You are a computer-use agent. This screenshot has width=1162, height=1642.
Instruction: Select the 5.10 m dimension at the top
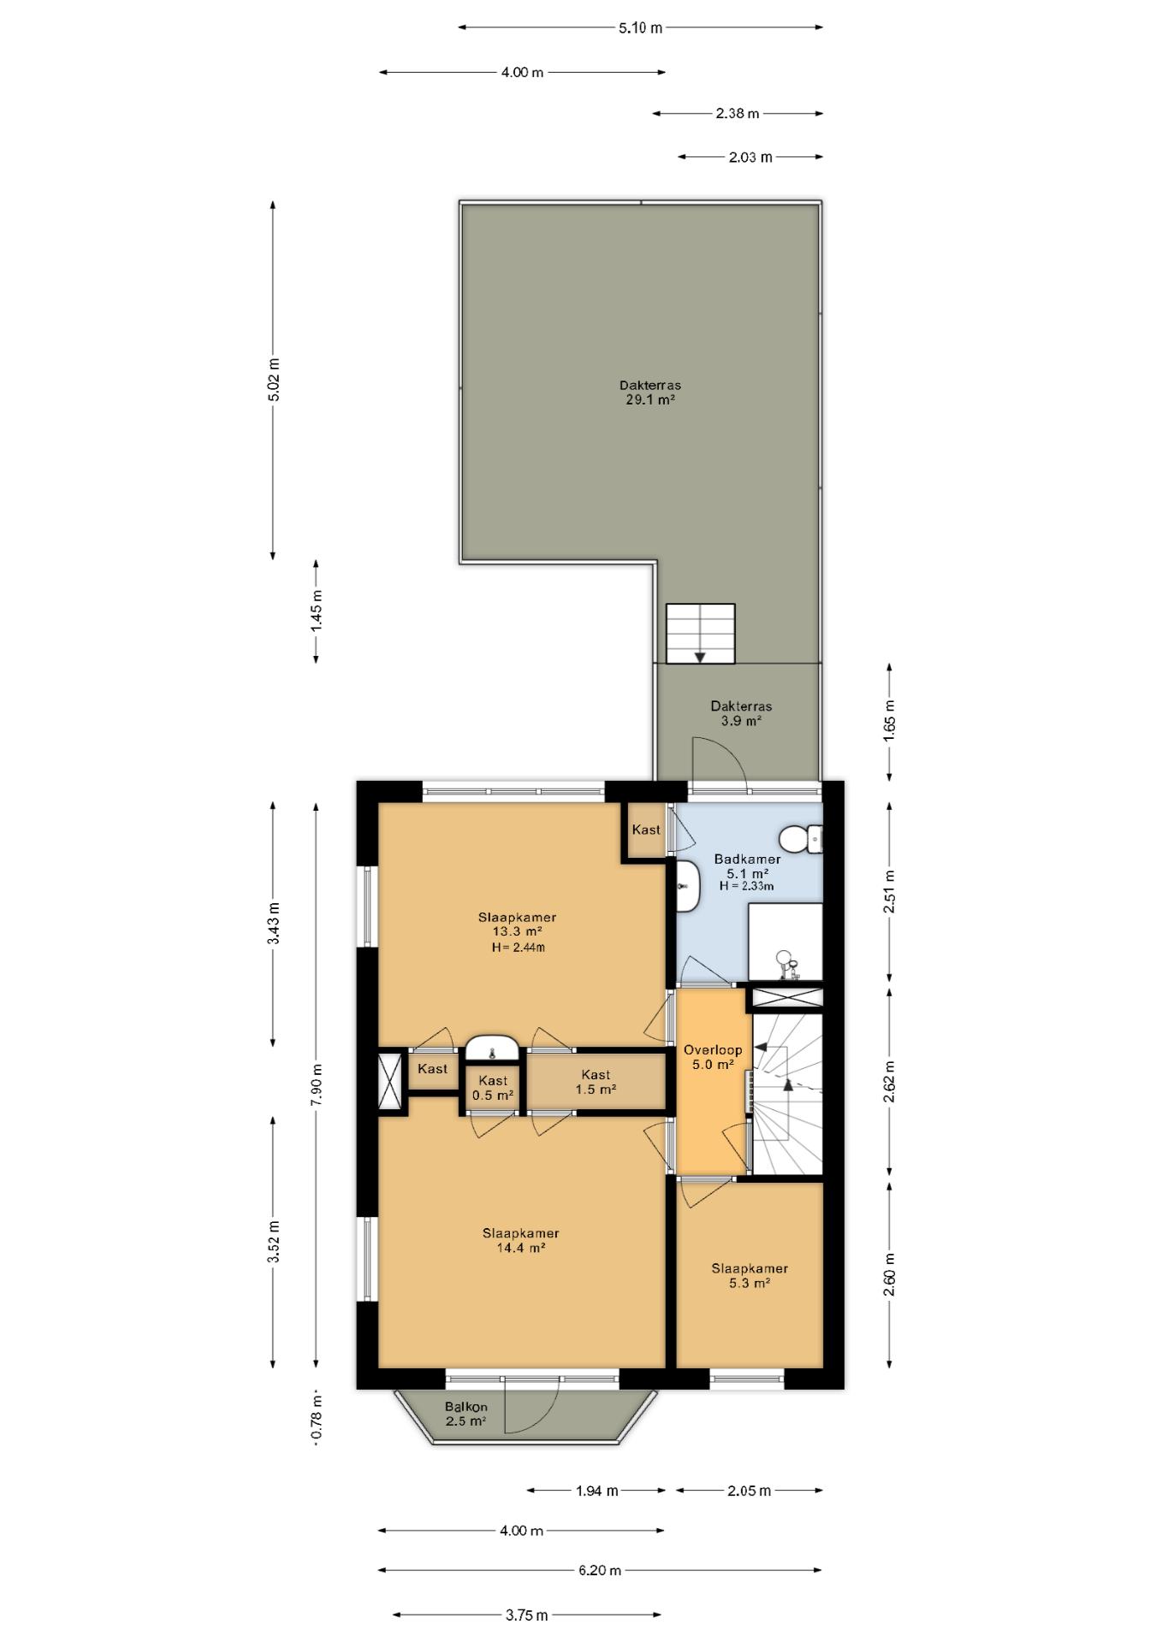[x=640, y=27]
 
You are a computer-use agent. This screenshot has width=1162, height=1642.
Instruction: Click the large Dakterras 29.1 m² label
[x=650, y=392]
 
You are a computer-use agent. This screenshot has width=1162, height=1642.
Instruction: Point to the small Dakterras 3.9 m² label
[x=741, y=713]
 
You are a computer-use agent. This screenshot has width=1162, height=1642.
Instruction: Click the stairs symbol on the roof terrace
[x=700, y=634]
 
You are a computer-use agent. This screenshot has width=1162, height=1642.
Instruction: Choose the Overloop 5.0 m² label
[x=712, y=1057]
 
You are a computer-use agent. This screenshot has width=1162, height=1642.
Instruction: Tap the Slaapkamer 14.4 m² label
[x=520, y=1240]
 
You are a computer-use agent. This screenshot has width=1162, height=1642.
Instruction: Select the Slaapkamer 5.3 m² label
[x=750, y=1275]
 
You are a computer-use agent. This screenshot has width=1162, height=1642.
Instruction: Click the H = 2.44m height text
[x=518, y=948]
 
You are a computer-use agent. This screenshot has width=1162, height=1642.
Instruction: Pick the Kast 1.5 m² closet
[x=596, y=1082]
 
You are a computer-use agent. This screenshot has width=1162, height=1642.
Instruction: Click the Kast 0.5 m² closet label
[x=493, y=1088]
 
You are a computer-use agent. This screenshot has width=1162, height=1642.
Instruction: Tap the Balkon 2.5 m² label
[x=465, y=1414]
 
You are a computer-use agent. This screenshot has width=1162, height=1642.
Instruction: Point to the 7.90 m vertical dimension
[x=317, y=1084]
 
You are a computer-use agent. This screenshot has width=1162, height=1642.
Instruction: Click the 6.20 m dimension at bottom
[x=599, y=1570]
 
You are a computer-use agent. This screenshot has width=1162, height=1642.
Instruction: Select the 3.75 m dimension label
[x=526, y=1615]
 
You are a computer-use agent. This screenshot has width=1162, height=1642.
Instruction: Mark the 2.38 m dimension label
[x=738, y=113]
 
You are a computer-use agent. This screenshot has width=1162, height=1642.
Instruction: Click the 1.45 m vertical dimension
[x=317, y=611]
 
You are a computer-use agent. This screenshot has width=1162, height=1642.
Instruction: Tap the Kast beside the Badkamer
[x=645, y=830]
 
